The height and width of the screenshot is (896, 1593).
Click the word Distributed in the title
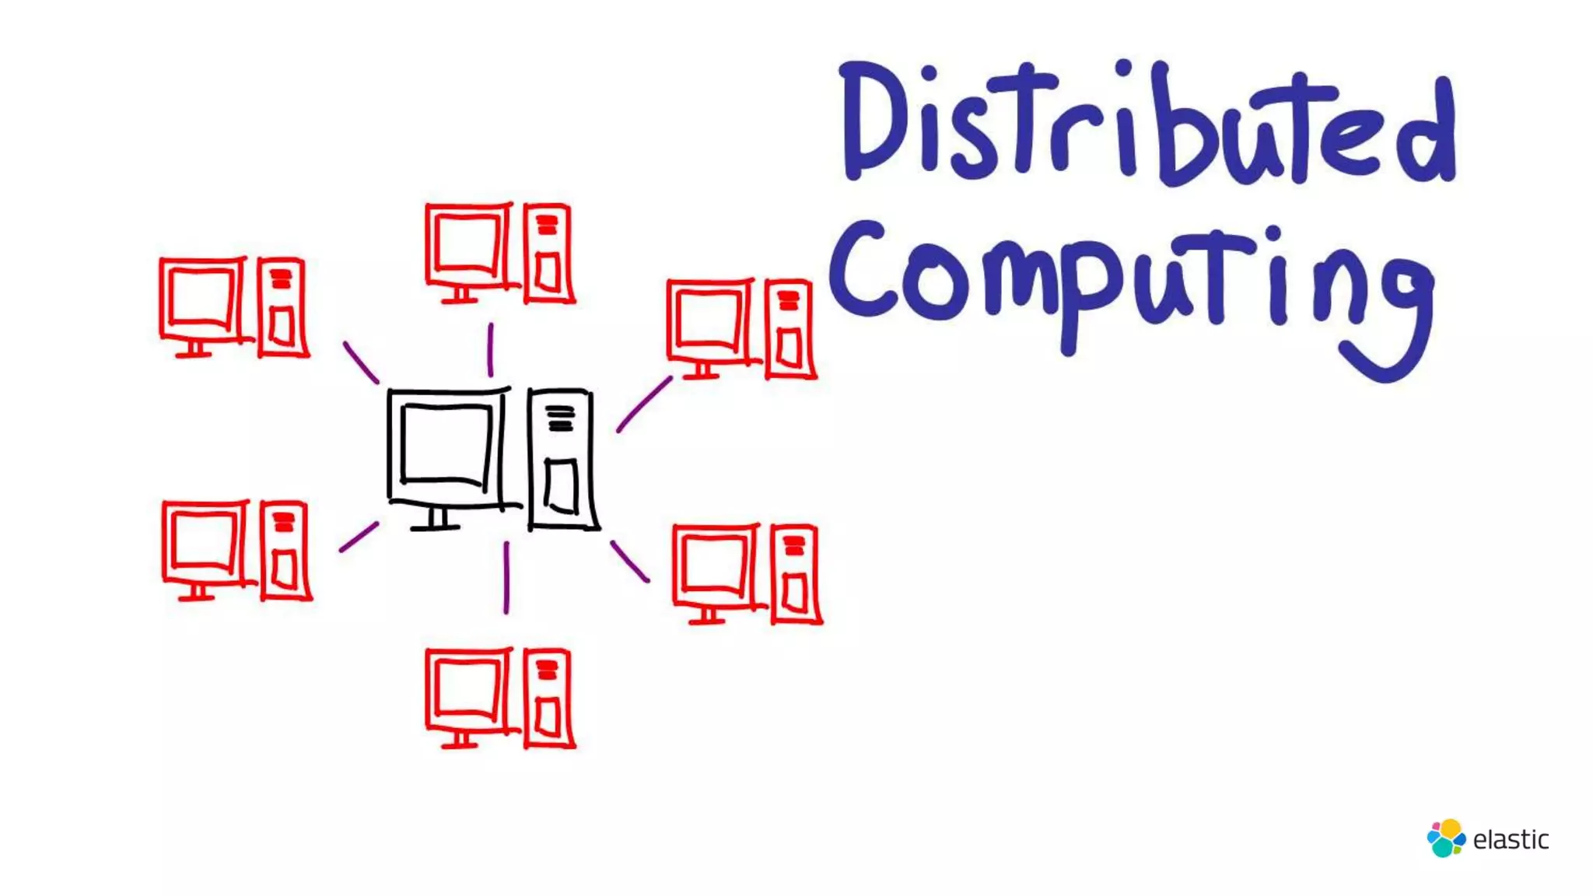(x=1147, y=124)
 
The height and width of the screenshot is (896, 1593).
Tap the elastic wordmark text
(x=1511, y=840)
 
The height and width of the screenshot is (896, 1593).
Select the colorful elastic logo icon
(x=1445, y=838)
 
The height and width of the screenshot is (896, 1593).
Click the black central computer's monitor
(x=446, y=447)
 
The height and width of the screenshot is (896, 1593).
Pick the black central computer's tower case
(x=562, y=459)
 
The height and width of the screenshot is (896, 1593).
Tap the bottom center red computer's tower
(x=548, y=698)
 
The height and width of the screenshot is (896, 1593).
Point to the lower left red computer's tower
(x=285, y=551)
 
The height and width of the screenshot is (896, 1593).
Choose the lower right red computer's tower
(x=795, y=575)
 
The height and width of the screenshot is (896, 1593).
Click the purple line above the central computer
(x=490, y=350)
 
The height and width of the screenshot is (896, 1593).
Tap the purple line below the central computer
(x=506, y=577)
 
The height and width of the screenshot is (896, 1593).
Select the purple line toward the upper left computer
(x=361, y=362)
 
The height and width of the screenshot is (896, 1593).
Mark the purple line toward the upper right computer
(x=643, y=404)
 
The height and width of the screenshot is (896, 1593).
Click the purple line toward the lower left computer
(x=359, y=537)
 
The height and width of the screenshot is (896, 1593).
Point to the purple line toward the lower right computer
(x=629, y=562)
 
